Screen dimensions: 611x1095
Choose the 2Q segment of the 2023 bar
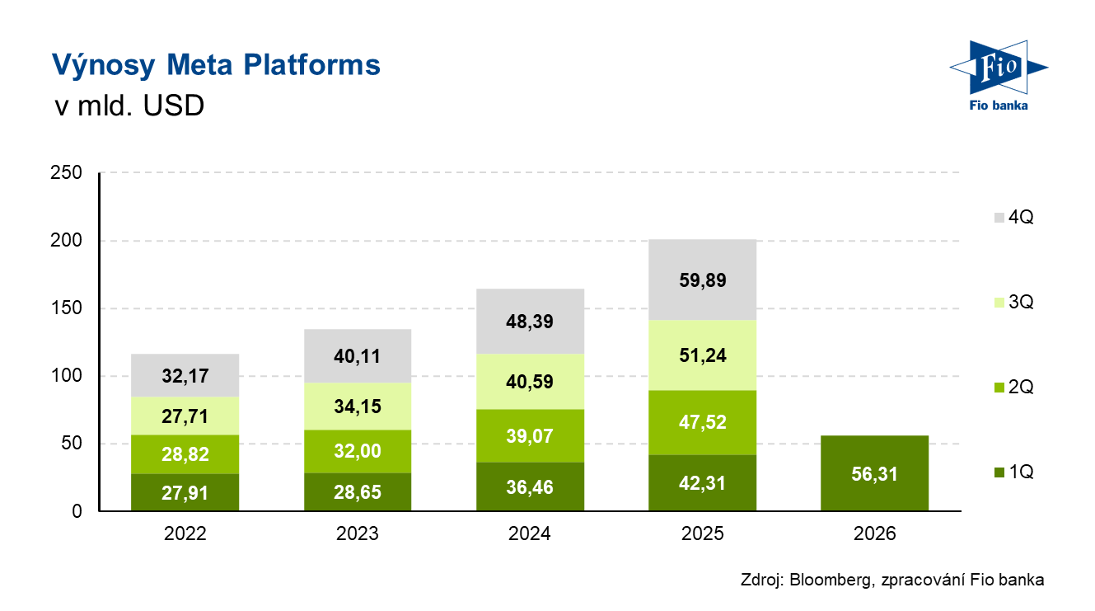click(x=357, y=451)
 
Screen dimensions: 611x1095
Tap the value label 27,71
click(x=185, y=416)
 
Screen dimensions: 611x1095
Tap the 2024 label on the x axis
click(x=530, y=533)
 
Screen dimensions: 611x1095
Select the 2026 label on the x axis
click(x=874, y=533)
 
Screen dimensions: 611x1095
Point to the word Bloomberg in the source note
click(x=833, y=580)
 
